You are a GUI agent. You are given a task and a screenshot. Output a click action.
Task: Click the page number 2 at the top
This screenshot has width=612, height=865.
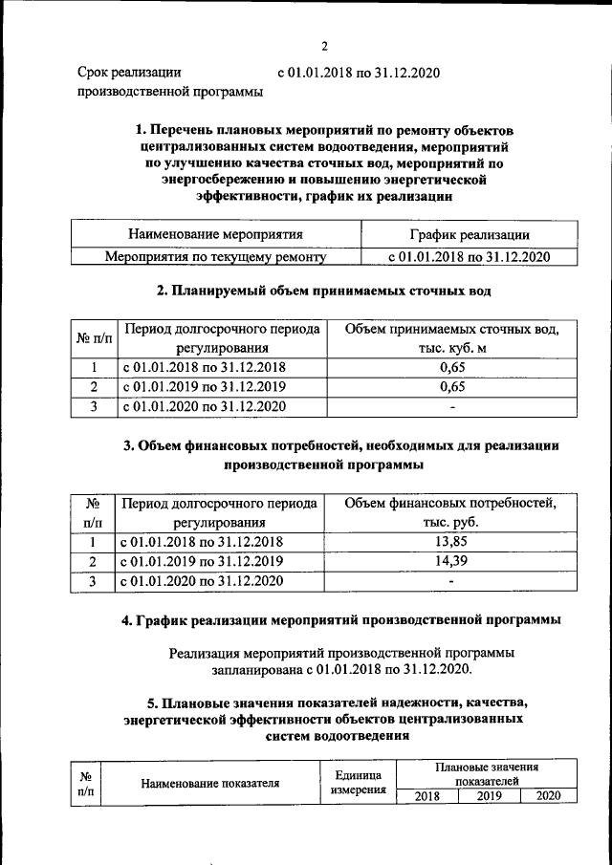[x=324, y=46]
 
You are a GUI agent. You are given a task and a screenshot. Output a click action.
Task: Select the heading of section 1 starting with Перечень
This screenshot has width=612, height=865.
[x=325, y=162]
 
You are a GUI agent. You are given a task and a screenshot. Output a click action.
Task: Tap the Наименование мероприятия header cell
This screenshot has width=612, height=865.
[x=215, y=234]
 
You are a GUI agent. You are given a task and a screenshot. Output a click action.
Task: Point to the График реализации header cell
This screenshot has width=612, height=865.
[x=469, y=234]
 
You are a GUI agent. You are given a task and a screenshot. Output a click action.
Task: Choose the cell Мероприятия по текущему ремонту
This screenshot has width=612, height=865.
[x=215, y=257]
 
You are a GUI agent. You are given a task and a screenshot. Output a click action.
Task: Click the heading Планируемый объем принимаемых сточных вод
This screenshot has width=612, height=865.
[x=323, y=290]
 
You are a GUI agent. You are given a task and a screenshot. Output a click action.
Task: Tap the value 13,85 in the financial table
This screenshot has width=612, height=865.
[x=449, y=542]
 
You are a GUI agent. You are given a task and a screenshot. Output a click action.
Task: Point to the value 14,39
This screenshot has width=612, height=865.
[x=449, y=561]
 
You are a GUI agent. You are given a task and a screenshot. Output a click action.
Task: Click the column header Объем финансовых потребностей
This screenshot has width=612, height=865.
[x=449, y=512]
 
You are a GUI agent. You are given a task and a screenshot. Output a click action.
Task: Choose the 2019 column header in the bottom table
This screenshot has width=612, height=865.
[x=489, y=796]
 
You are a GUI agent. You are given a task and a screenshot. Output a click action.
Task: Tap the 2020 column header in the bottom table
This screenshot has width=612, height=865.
[x=548, y=796]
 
